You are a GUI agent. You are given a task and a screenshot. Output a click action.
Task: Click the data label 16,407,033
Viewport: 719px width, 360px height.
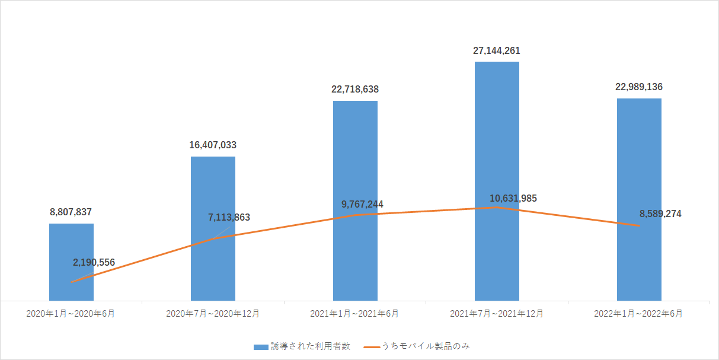click(213, 145)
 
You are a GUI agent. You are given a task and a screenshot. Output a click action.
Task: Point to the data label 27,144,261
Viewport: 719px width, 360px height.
click(497, 50)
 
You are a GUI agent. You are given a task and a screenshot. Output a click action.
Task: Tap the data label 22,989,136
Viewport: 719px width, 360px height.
click(639, 87)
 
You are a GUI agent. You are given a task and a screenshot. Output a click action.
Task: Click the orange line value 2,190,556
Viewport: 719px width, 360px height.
click(94, 262)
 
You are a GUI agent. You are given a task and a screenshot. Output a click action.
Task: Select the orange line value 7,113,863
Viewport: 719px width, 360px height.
click(229, 218)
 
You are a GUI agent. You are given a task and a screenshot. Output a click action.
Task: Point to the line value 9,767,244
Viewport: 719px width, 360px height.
click(362, 205)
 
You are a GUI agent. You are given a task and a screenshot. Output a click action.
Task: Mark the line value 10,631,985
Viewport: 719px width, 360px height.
click(513, 198)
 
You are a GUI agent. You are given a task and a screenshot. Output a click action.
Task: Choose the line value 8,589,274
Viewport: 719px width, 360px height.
click(660, 214)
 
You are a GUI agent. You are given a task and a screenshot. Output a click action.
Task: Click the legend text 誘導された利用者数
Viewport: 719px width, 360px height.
click(311, 346)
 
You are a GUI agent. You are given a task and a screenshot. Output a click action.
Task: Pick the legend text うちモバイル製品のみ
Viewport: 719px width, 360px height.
click(426, 346)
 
